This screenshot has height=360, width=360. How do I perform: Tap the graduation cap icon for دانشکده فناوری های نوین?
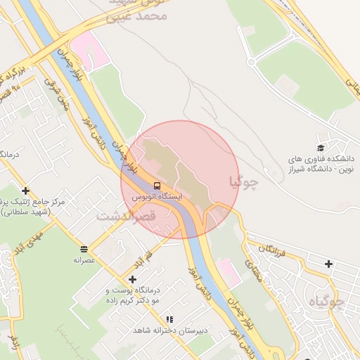(321, 148)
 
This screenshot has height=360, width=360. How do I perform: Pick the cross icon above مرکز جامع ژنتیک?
(26, 191)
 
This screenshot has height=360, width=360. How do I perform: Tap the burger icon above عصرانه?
(84, 249)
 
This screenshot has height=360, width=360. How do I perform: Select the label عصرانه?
(84, 259)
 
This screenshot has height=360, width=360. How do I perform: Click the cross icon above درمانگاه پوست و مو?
(132, 279)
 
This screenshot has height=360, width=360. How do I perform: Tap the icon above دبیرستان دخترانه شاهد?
(169, 319)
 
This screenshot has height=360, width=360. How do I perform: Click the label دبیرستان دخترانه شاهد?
(168, 330)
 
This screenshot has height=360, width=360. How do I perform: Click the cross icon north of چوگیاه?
(329, 264)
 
